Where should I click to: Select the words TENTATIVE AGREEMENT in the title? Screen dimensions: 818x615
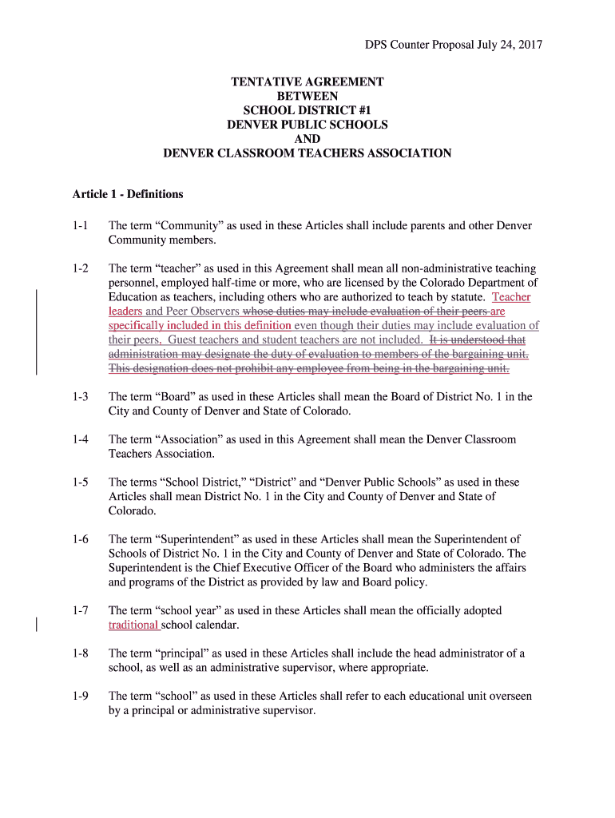pos(307,81)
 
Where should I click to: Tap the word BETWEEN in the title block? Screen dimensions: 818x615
pos(307,96)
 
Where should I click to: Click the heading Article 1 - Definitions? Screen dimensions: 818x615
pos(128,194)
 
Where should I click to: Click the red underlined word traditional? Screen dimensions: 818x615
pos(133,625)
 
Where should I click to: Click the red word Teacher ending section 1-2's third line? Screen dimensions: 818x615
pos(511,297)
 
